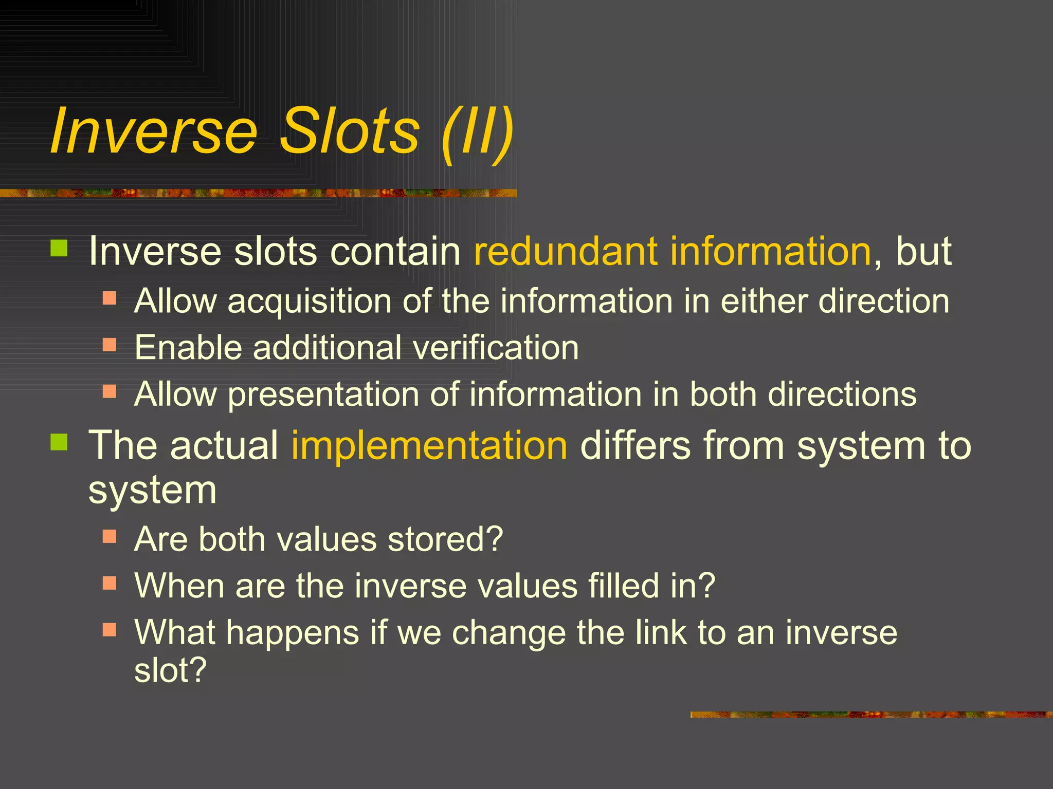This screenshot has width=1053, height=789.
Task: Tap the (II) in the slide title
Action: click(x=477, y=133)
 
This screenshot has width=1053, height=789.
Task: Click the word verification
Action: click(x=496, y=348)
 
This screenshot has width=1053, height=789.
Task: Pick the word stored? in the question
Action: click(x=445, y=539)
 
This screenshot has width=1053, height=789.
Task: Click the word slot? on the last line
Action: click(x=170, y=670)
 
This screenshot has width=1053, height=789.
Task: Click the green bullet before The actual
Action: click(x=60, y=442)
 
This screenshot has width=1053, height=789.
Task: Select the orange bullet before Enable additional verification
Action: click(x=110, y=344)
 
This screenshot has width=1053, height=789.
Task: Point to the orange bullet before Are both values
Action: click(x=110, y=536)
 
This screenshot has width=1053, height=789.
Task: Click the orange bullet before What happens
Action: click(x=110, y=629)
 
